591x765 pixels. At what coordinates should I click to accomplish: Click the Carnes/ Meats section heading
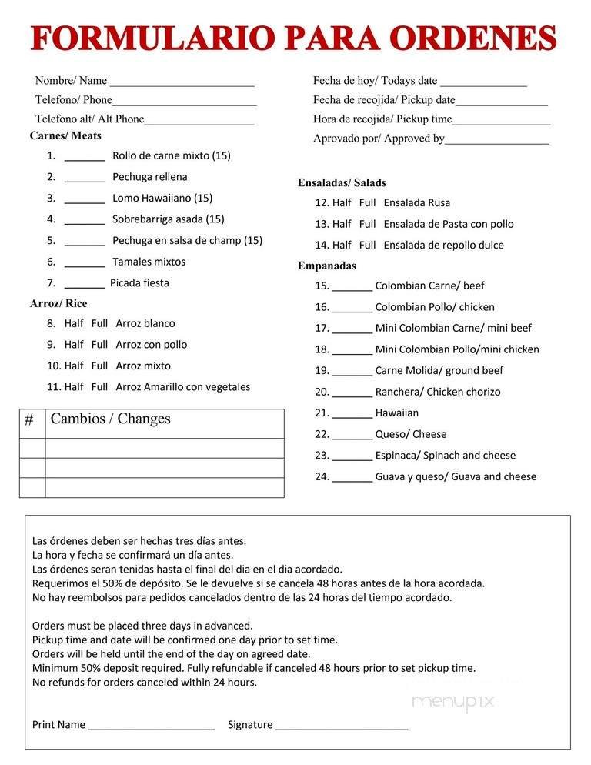pyautogui.click(x=65, y=136)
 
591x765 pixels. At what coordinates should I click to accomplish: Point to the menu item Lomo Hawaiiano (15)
pyautogui.click(x=162, y=198)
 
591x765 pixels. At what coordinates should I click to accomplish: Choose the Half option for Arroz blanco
pyautogui.click(x=74, y=323)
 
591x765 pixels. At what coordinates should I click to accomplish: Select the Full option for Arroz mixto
pyautogui.click(x=99, y=366)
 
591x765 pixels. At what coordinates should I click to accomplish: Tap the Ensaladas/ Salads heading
pyautogui.click(x=342, y=183)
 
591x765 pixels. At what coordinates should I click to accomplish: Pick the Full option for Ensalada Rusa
pyautogui.click(x=367, y=203)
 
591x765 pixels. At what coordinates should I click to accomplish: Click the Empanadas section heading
pyautogui.click(x=326, y=266)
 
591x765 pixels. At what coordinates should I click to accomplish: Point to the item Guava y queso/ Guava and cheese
pyautogui.click(x=456, y=476)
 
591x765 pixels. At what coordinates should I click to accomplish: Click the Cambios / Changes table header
pyautogui.click(x=110, y=419)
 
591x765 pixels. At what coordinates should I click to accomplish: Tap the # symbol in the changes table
pyautogui.click(x=29, y=420)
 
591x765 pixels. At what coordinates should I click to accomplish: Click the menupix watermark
pyautogui.click(x=452, y=702)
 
